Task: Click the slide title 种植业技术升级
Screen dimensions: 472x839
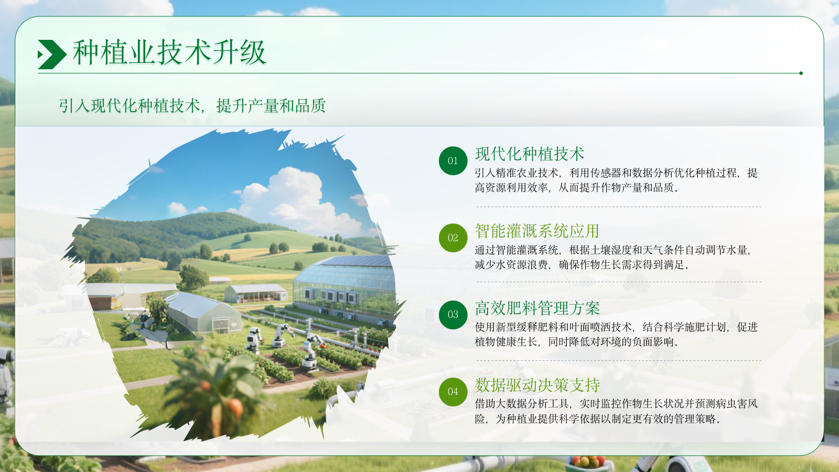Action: (x=169, y=52)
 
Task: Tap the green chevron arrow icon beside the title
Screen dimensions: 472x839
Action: (x=51, y=55)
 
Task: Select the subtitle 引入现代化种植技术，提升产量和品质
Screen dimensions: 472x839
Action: (x=192, y=106)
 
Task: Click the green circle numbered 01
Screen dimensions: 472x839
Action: (x=453, y=161)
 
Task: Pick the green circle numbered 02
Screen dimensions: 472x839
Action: (x=453, y=238)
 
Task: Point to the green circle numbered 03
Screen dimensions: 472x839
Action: (x=453, y=315)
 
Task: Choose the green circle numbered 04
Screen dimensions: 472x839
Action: (x=453, y=392)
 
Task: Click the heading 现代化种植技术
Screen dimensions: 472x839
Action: (x=530, y=154)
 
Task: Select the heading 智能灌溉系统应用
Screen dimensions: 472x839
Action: (x=537, y=231)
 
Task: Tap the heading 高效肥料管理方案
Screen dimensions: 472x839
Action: (x=537, y=308)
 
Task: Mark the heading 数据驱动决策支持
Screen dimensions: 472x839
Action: (x=537, y=385)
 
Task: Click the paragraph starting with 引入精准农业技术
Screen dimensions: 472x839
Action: (x=616, y=180)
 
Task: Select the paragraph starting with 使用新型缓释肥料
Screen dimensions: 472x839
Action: (x=616, y=335)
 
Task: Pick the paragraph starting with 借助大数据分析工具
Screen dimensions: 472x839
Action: (x=616, y=411)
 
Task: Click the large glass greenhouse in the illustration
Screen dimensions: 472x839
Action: (x=343, y=286)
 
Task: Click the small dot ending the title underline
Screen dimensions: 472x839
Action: (x=801, y=73)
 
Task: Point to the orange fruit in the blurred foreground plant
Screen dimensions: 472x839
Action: (x=235, y=406)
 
